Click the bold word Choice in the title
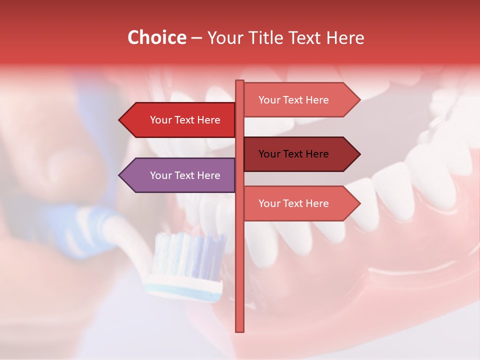(x=156, y=38)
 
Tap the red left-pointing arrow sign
(x=180, y=120)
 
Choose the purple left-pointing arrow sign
(x=180, y=175)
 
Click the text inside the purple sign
(x=185, y=175)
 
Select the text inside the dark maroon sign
(x=293, y=154)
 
